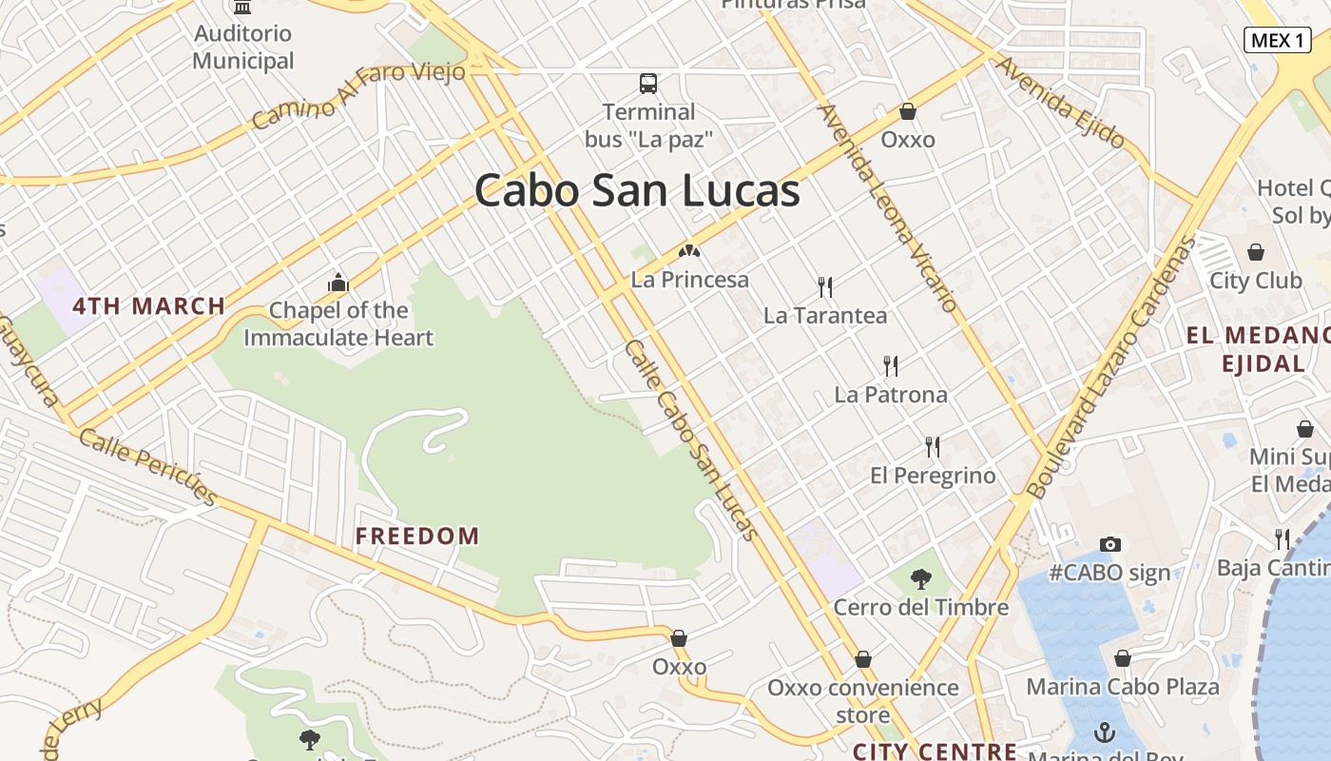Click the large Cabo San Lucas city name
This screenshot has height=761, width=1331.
click(637, 190)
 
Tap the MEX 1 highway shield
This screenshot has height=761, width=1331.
click(1277, 40)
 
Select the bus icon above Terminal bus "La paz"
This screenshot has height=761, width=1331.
click(648, 84)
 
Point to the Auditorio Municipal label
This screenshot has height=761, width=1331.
click(243, 48)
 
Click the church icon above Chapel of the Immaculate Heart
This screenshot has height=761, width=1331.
click(338, 283)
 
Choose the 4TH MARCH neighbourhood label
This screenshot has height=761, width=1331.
click(149, 306)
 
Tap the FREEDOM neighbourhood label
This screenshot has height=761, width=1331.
click(417, 536)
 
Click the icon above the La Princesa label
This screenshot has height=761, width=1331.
click(689, 252)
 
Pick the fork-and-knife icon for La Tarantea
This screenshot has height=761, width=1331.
click(825, 286)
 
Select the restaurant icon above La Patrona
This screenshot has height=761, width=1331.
click(891, 365)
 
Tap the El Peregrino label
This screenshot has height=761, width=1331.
click(933, 476)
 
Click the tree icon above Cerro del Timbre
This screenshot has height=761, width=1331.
click(920, 578)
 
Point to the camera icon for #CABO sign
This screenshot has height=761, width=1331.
click(1110, 544)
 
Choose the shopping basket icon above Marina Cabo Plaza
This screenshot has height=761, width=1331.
click(1123, 658)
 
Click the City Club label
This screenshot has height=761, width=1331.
click(1255, 281)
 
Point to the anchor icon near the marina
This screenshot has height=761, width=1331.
click(1104, 732)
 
